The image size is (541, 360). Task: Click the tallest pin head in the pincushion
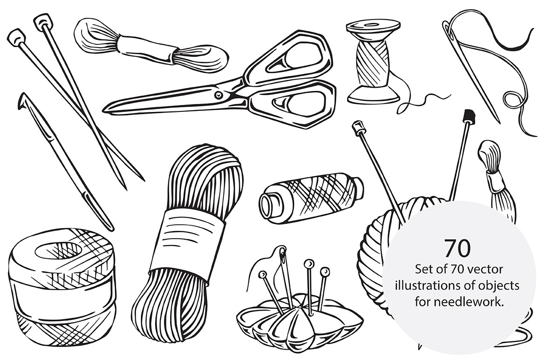[308, 264]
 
